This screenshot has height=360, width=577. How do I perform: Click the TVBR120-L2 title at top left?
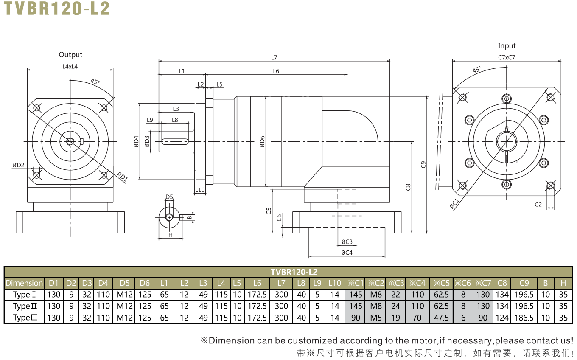(57, 8)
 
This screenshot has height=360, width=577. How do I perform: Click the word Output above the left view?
(70, 55)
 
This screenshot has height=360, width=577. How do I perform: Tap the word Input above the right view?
(507, 46)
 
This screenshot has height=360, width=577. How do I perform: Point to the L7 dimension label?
(274, 57)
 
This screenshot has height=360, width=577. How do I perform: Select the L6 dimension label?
(276, 71)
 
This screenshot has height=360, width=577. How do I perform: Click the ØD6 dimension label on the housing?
(262, 141)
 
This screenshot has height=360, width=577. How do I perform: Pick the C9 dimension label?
(423, 165)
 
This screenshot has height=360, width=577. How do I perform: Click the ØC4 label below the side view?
(347, 253)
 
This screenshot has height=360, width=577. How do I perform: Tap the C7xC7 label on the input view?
(507, 57)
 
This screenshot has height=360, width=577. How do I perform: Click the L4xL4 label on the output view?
(70, 67)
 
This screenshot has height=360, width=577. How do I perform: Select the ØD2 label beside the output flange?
(19, 165)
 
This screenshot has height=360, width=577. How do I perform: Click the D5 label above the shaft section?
(169, 197)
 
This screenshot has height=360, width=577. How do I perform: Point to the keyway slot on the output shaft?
(175, 141)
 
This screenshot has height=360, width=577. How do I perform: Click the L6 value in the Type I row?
(257, 295)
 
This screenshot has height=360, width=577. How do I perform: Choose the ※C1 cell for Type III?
(356, 318)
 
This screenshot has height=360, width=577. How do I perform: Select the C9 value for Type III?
(524, 318)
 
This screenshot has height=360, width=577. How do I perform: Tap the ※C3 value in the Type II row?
(396, 306)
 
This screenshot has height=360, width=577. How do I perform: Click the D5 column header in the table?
(125, 283)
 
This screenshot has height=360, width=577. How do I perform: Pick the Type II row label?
(25, 306)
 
